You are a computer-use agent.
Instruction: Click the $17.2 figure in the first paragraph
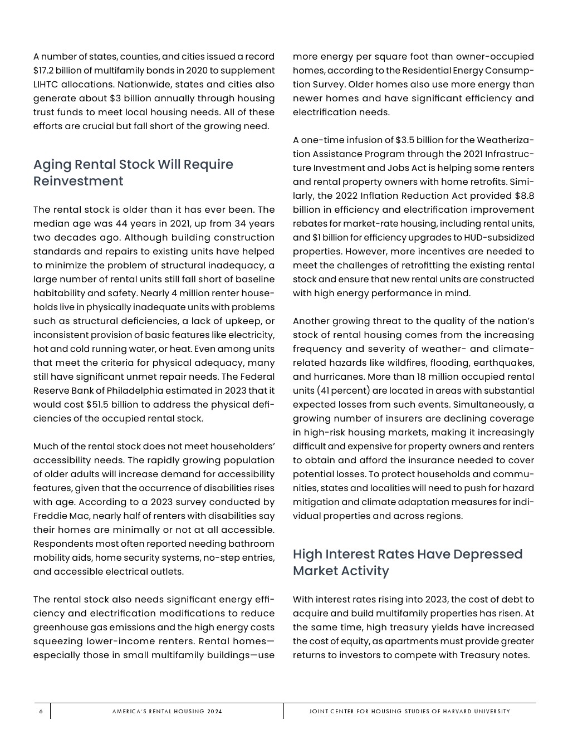coord(44,71)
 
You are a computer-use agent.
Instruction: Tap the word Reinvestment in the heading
coord(78,181)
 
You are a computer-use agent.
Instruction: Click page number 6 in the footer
coord(41,712)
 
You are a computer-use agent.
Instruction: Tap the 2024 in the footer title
coord(214,712)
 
